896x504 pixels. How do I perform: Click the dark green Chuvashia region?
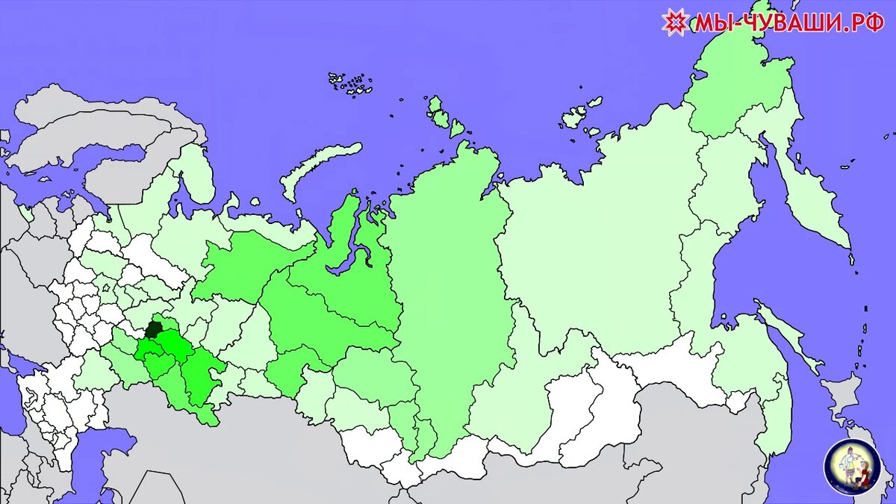(x=153, y=329)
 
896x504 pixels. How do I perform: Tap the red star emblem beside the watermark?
(x=675, y=22)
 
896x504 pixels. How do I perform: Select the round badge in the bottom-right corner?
(x=852, y=467)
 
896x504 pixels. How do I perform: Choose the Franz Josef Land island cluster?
(x=351, y=84)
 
